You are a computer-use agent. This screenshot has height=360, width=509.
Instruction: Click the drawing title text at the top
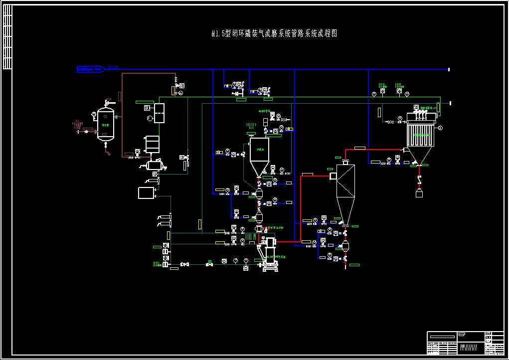[x=275, y=34]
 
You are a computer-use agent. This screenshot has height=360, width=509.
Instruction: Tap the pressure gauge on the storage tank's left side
[x=93, y=114]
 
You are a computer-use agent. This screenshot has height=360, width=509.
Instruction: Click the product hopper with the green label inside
[x=259, y=150]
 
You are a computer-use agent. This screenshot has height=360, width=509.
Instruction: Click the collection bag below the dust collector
[x=419, y=192]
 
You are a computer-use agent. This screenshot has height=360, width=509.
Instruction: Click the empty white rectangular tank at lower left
[x=146, y=192]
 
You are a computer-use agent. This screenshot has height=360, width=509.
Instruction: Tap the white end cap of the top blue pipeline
[x=449, y=69]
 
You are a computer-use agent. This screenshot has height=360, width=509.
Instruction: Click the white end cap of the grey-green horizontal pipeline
[x=450, y=103]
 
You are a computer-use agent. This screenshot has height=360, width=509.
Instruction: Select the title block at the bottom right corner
[x=465, y=343]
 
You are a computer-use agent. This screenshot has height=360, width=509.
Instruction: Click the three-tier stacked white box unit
[x=152, y=144]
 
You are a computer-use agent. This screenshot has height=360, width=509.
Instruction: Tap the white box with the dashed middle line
[x=160, y=113]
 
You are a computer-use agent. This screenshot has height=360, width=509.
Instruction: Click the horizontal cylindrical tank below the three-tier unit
[x=156, y=164]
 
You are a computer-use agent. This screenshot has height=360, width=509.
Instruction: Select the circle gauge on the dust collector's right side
[x=441, y=128]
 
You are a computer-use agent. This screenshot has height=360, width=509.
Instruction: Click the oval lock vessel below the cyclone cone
[x=345, y=246]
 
